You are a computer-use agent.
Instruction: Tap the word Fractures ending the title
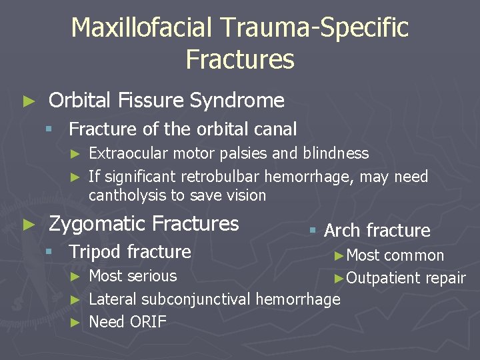(240, 59)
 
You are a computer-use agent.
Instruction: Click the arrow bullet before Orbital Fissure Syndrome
(27, 101)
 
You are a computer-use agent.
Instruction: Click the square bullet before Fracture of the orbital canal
(48, 129)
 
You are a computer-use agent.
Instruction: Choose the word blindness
(336, 153)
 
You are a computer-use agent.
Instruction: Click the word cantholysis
(127, 195)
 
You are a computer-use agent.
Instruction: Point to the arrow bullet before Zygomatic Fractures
(27, 224)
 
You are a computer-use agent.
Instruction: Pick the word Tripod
(96, 252)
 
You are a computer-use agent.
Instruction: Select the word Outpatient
(379, 279)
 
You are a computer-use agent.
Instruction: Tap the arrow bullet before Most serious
(76, 277)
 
